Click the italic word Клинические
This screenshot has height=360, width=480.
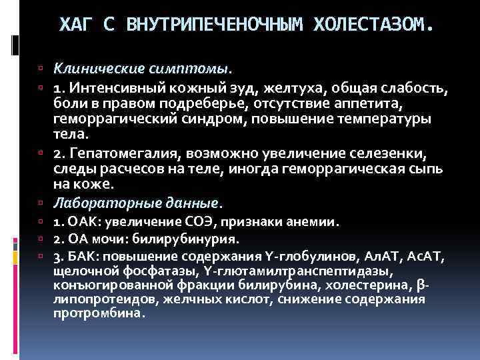(x=97, y=68)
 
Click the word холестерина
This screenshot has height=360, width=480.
(x=378, y=285)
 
